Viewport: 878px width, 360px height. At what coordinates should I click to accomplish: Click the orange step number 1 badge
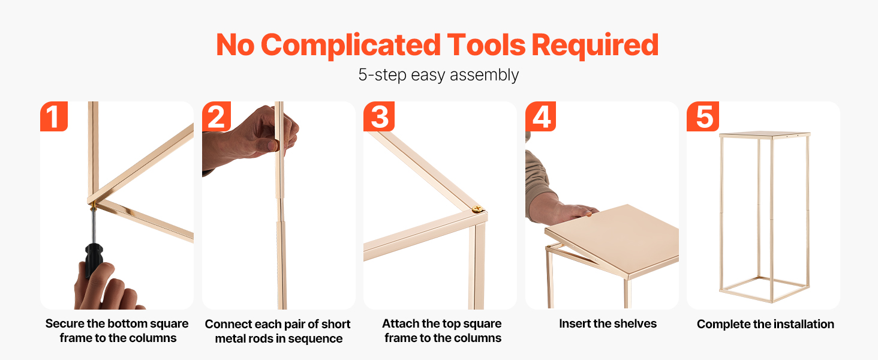click(x=54, y=116)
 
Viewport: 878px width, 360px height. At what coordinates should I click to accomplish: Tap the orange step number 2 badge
click(x=217, y=116)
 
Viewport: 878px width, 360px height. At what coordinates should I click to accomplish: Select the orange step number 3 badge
click(x=378, y=116)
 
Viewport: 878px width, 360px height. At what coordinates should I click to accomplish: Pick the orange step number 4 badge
click(x=540, y=116)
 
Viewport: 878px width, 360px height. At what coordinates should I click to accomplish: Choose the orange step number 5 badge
click(x=703, y=116)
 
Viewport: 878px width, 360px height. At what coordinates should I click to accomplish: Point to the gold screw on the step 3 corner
click(x=477, y=209)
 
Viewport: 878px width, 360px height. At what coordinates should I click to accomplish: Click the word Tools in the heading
click(x=486, y=45)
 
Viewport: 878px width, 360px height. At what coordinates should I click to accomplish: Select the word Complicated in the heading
click(x=350, y=46)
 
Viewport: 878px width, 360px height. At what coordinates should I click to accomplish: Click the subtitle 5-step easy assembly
click(x=438, y=75)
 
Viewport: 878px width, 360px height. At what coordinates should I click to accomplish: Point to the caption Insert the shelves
click(x=608, y=323)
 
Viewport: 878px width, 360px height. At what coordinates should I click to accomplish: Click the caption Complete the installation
click(x=765, y=324)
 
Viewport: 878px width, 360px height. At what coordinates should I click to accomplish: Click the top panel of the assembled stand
click(x=765, y=134)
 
